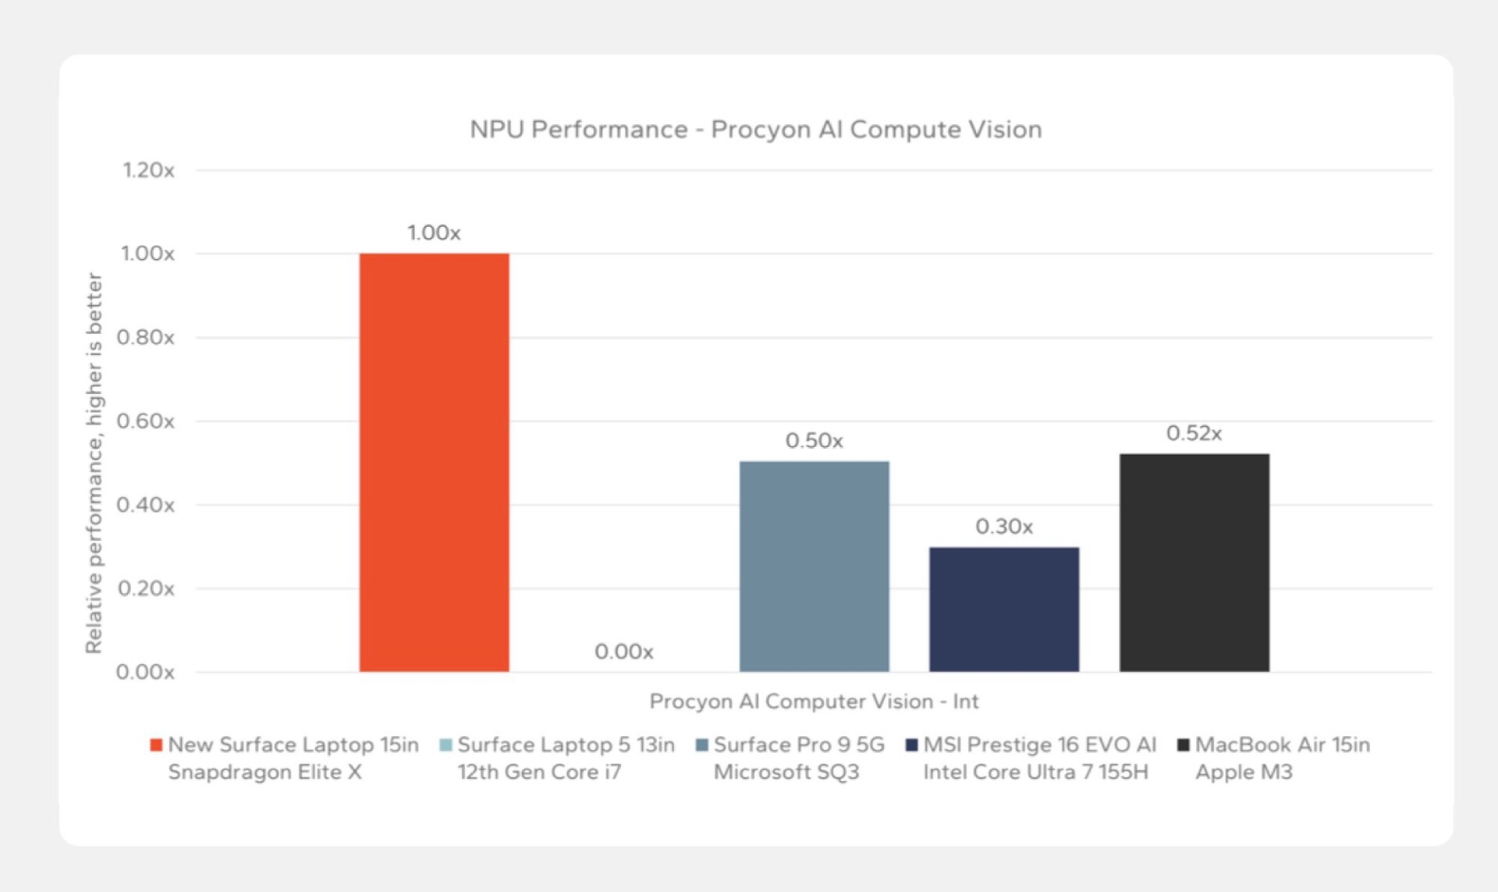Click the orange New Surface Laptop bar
point(434,462)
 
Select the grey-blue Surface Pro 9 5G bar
point(814,566)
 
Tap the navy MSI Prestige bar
point(1003,609)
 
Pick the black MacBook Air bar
point(1194,562)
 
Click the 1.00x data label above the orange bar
point(434,233)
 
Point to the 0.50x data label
point(814,441)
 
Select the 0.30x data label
point(1003,527)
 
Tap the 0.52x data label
point(1194,433)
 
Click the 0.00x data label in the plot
point(623,651)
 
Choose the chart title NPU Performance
point(755,130)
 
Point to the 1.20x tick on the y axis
point(148,170)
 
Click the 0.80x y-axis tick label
point(146,337)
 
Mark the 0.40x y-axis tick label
point(146,505)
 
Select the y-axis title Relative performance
point(94,463)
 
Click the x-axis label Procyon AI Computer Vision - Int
point(814,701)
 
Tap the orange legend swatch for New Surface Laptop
point(156,745)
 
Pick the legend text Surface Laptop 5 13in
point(566,745)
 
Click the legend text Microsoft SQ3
point(786,772)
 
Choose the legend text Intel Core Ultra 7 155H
point(1035,772)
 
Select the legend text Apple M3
point(1244,772)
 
